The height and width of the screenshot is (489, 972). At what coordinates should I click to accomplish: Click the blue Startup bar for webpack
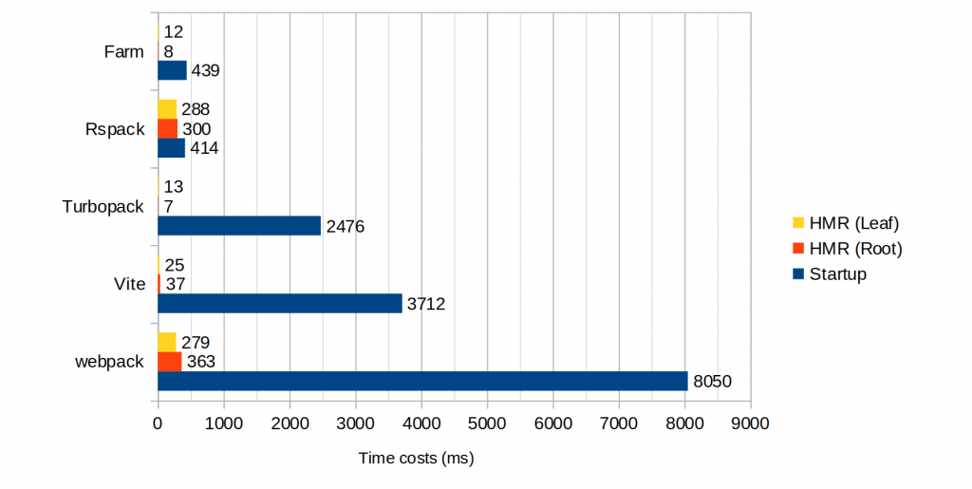click(x=422, y=381)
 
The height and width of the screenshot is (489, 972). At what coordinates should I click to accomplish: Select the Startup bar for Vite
click(x=280, y=303)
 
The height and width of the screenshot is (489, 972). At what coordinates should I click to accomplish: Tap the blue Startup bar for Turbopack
click(x=239, y=225)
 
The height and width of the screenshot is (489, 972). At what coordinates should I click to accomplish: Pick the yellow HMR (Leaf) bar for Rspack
click(x=167, y=108)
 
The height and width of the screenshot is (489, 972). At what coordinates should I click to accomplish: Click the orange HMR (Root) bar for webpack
click(x=169, y=361)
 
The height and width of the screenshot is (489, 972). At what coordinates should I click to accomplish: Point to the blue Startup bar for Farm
click(x=172, y=70)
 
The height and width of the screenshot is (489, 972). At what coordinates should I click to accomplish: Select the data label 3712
click(x=426, y=304)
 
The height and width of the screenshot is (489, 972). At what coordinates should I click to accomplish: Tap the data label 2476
click(x=346, y=226)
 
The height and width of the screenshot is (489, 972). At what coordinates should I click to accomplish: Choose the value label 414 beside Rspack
click(x=205, y=148)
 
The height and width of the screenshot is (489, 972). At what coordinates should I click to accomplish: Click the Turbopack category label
click(x=103, y=206)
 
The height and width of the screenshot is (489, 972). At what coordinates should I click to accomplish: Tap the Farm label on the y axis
click(x=123, y=51)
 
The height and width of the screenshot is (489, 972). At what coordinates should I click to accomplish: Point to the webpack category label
click(x=109, y=362)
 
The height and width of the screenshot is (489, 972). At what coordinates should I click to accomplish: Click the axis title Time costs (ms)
click(x=416, y=459)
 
